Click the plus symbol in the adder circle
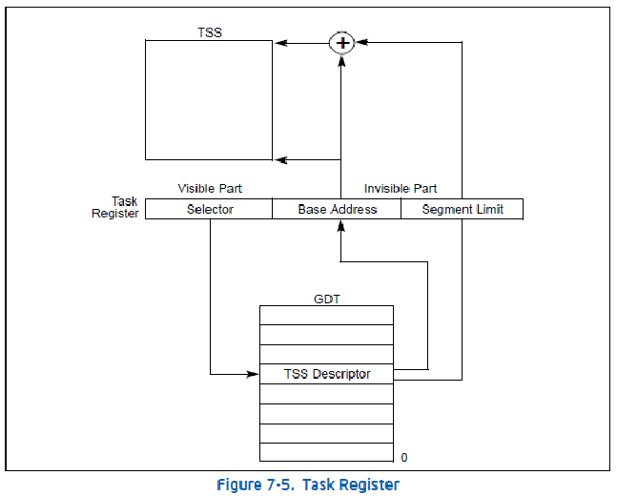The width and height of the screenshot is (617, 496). point(340,42)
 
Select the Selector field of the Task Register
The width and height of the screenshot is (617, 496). point(210,209)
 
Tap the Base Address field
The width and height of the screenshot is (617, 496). point(337,209)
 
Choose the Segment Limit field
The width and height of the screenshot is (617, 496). point(463,209)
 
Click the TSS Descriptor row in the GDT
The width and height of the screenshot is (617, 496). point(326,374)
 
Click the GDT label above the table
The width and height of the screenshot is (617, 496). point(326,298)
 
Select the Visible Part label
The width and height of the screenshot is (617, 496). point(210,189)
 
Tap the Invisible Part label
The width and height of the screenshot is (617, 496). point(401,189)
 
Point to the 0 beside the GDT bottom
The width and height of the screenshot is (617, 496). point(404,458)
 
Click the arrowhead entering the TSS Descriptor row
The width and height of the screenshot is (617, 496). point(254,374)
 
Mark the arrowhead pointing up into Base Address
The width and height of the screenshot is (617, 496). point(340,225)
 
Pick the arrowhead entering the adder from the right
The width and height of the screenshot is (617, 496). point(360,42)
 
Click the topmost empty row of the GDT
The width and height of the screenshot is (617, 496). point(326,315)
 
